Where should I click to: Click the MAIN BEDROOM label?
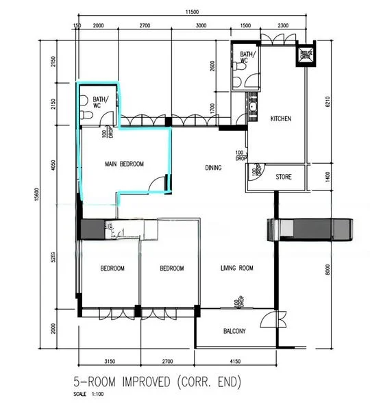(x=124, y=164)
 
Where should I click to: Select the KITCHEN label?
(x=280, y=119)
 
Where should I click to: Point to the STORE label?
(x=284, y=177)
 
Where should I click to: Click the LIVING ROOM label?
(x=237, y=269)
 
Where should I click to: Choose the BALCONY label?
(x=235, y=332)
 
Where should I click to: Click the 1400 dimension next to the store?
(x=329, y=177)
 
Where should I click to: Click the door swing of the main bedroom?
(x=158, y=184)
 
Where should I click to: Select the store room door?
(x=257, y=171)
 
